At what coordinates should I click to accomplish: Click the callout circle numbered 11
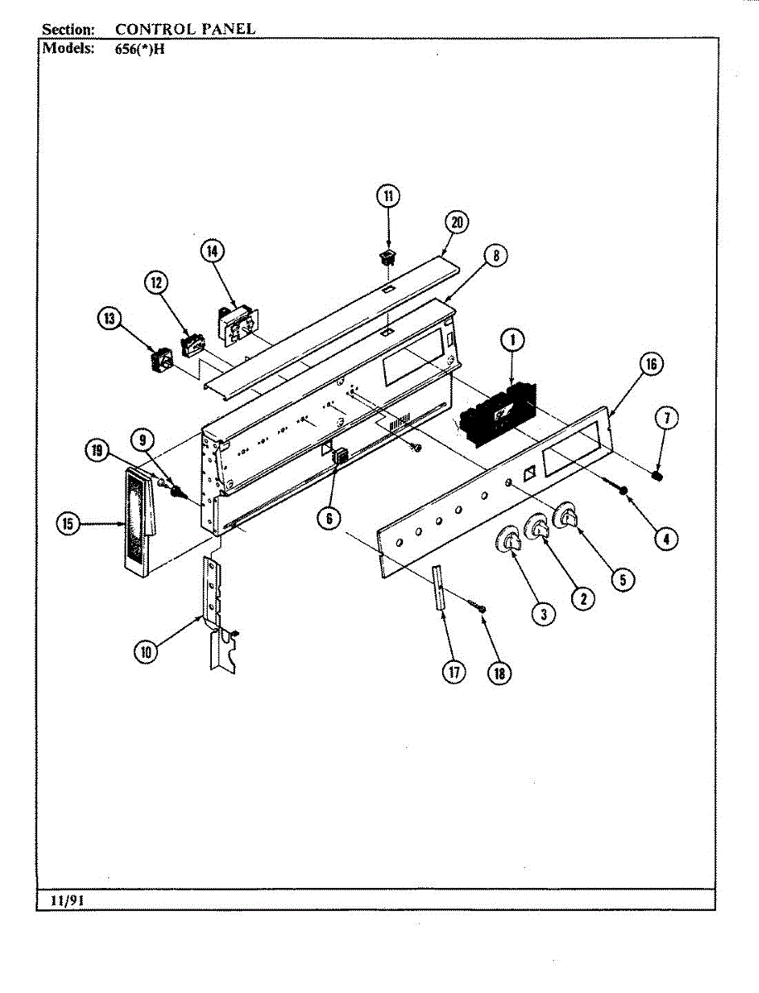pyautogui.click(x=388, y=196)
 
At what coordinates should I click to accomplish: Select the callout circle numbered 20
pyautogui.click(x=456, y=222)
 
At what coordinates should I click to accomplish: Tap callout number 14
pyautogui.click(x=212, y=251)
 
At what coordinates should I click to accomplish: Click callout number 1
pyautogui.click(x=512, y=339)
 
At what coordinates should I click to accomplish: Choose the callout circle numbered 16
pyautogui.click(x=651, y=364)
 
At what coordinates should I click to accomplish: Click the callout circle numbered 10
pyautogui.click(x=147, y=651)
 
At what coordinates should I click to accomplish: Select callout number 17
pyautogui.click(x=454, y=672)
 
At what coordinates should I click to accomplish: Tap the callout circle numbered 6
pyautogui.click(x=329, y=518)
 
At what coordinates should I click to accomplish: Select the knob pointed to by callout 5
pyautogui.click(x=567, y=518)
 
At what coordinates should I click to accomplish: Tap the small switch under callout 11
pyautogui.click(x=387, y=256)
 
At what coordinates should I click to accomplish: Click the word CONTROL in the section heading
pyautogui.click(x=156, y=29)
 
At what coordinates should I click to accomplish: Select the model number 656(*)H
pyautogui.click(x=140, y=47)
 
